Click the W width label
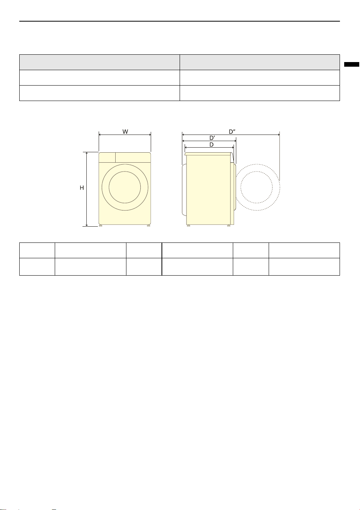click(125, 131)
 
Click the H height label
click(82, 188)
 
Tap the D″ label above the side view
click(232, 131)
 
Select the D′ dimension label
click(212, 138)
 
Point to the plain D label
click(212, 145)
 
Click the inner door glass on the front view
click(125, 187)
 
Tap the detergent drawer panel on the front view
click(107, 157)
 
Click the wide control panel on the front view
click(133, 157)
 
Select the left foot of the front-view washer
click(101, 226)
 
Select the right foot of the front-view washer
click(148, 226)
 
